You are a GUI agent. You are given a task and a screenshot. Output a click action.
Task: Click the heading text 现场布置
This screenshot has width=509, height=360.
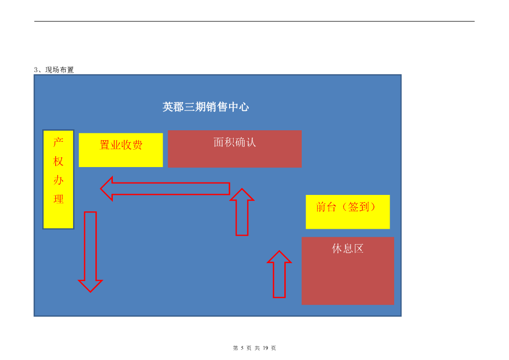pos(60,70)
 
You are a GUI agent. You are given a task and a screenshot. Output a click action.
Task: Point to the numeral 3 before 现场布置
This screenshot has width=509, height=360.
pos(36,70)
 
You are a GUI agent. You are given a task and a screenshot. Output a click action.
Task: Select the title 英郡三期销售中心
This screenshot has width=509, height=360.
pos(205,107)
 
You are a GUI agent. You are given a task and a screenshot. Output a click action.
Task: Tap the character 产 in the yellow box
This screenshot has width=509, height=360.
pos(59,142)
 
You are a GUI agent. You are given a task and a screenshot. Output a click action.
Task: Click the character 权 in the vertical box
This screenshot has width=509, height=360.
pos(59,161)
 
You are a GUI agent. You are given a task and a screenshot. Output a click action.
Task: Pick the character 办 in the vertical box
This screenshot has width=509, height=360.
pos(59,180)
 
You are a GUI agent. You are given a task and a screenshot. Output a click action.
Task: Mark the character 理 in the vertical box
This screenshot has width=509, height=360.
pos(59,199)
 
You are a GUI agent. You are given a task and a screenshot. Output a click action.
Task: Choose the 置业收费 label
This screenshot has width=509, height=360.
pos(121,145)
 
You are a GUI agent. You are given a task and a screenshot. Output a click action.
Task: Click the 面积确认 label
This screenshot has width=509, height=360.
pos(235,142)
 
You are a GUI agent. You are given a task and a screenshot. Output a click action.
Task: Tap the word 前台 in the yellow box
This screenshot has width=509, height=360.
pos(327,207)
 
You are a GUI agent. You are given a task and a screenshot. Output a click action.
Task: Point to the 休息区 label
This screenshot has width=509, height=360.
pos(347,249)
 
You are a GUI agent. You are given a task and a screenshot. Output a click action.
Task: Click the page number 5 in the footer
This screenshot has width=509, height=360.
pos(242,348)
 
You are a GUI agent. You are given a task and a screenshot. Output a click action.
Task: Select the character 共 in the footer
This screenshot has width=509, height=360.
pos(257,348)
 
